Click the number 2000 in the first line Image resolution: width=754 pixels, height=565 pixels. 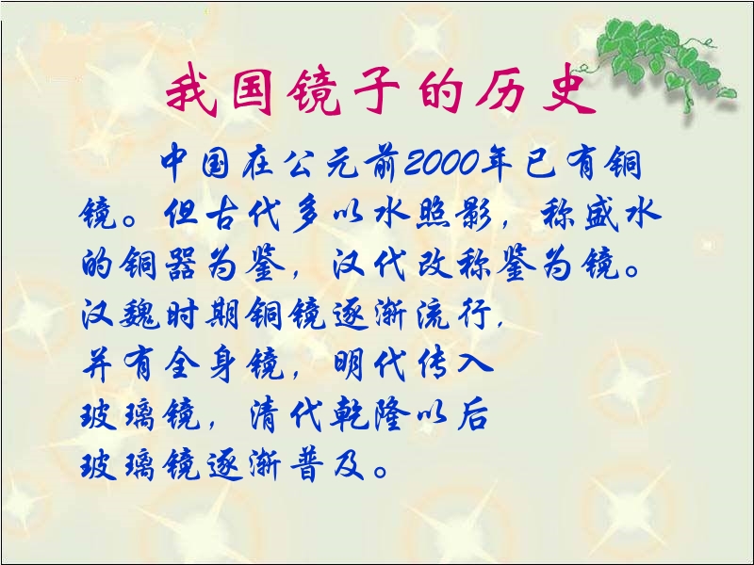tap(442, 162)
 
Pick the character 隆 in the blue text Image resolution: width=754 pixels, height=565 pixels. tap(391, 414)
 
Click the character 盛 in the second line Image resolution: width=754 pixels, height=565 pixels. tap(600, 214)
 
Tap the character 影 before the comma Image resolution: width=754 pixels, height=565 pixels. tap(474, 214)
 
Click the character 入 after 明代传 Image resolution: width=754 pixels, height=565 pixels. tap(475, 363)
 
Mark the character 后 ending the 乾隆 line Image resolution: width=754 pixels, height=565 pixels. tap(473, 414)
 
